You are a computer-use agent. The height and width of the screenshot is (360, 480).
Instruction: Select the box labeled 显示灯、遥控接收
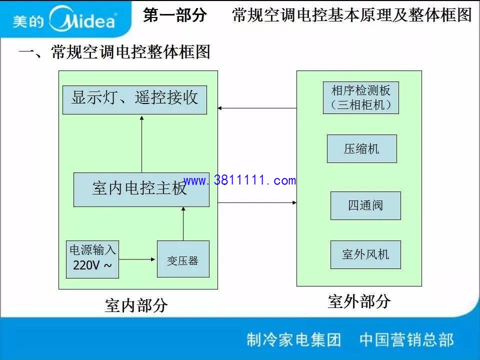pyautogui.click(x=134, y=100)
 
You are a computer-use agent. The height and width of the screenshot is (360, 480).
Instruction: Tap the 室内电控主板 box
pyautogui.click(x=141, y=190)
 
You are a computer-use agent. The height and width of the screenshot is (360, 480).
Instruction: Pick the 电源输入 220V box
pyautogui.click(x=92, y=259)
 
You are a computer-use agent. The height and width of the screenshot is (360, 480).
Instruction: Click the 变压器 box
pyautogui.click(x=183, y=259)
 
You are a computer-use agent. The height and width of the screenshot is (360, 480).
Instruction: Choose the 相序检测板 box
pyautogui.click(x=361, y=97)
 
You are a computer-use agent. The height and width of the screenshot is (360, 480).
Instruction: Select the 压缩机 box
pyautogui.click(x=362, y=149)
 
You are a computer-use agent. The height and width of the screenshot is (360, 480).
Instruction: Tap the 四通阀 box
pyautogui.click(x=365, y=205)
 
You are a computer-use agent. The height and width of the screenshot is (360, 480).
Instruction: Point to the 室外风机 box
pyautogui.click(x=365, y=254)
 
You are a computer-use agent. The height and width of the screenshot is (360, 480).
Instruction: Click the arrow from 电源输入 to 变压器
pyautogui.click(x=137, y=259)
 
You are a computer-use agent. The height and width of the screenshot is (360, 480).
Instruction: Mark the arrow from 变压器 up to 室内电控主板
pyautogui.click(x=183, y=224)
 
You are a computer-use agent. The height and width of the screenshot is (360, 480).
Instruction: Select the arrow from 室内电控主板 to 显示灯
pyautogui.click(x=141, y=144)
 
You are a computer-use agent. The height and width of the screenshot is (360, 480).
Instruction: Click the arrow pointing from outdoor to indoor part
pyautogui.click(x=257, y=108)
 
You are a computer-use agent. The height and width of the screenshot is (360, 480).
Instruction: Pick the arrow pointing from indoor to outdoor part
pyautogui.click(x=257, y=202)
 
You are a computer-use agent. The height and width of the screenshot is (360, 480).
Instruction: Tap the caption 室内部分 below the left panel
pyautogui.click(x=136, y=305)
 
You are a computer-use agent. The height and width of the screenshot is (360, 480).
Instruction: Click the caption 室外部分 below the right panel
pyautogui.click(x=359, y=301)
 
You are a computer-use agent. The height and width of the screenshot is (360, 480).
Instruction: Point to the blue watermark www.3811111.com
pyautogui.click(x=239, y=180)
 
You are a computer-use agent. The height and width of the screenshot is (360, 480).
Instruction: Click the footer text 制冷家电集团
pyautogui.click(x=294, y=339)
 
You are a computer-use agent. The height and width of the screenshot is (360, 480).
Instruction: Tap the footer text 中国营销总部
pyautogui.click(x=406, y=339)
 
